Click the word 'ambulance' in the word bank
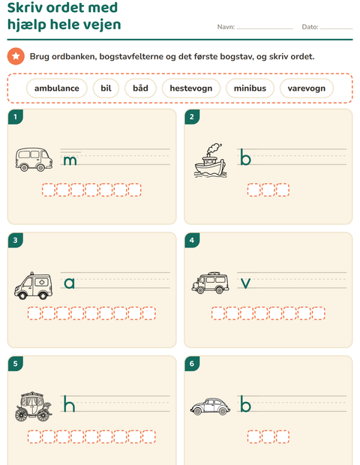[57, 88]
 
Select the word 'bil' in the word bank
[106, 88]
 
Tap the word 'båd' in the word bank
[140, 88]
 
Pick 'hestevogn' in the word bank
[191, 88]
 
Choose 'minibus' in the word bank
[250, 88]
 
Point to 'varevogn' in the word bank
[306, 88]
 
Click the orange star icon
[16, 56]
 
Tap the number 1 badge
[16, 117]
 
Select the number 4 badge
[192, 240]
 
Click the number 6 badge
[192, 364]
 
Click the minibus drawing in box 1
[34, 160]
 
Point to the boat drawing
[210, 160]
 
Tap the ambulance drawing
[33, 286]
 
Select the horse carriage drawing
[33, 406]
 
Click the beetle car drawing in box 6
[210, 406]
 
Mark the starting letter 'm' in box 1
[70, 160]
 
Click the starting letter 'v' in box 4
[245, 283]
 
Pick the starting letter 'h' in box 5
[69, 403]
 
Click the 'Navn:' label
[226, 27]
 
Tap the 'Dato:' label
[310, 27]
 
